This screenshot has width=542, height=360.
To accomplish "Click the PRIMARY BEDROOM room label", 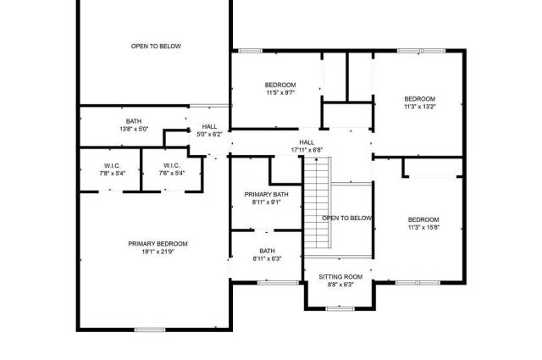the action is coord(158,244).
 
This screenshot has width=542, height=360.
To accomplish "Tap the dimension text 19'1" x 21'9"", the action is coord(158,252).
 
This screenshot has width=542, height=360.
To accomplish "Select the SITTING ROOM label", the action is coord(340,277).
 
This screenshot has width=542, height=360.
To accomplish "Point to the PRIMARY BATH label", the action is coord(266,194).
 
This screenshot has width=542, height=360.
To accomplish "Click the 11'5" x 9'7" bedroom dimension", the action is coord(280,92).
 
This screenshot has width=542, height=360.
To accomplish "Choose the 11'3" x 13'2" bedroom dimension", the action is coord(420,107).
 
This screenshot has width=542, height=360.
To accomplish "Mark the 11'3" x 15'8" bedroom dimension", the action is coord(423,228).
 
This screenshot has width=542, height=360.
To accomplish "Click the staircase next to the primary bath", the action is coord(318,202).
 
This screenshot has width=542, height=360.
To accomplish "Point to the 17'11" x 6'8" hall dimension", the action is coord(307,150).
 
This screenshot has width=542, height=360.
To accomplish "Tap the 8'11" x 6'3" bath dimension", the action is coord(268,258).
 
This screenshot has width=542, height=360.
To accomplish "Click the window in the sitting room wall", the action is coord(340,308).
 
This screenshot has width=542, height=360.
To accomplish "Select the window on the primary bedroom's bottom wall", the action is coord(150,330).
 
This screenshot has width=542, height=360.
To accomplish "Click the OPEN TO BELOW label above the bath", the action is coord(156,46).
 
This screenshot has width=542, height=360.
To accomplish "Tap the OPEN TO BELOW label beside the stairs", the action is coord(347,219).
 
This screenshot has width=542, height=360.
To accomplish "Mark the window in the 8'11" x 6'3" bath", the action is coord(279,283).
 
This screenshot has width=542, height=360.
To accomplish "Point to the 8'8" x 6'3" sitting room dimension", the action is coord(340,285).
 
